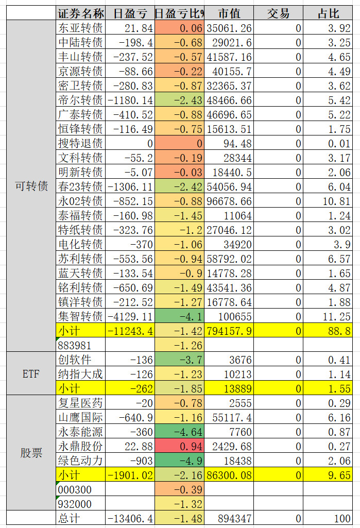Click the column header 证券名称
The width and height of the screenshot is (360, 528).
80,13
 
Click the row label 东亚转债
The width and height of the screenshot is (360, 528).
80,28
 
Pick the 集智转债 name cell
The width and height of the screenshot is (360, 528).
80,316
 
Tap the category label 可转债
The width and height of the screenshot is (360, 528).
31,186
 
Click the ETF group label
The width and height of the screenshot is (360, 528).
31,373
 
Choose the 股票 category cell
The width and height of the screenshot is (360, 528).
31,453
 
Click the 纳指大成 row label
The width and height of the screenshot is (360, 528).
80,373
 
